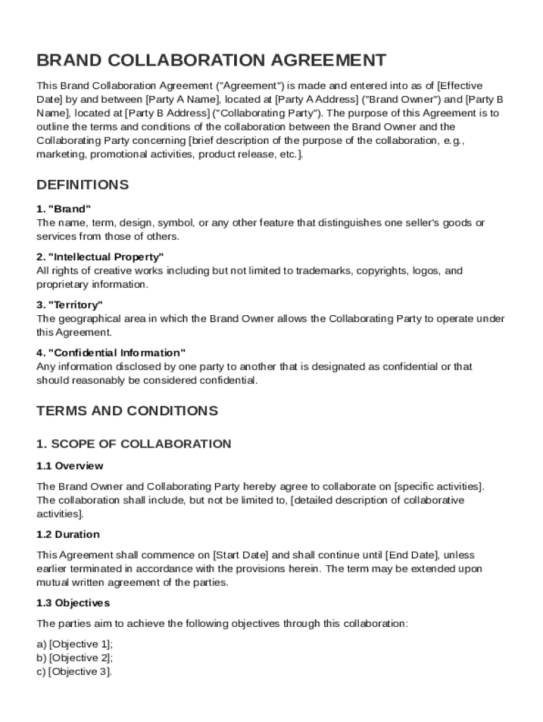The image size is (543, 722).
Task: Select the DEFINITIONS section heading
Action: tap(83, 185)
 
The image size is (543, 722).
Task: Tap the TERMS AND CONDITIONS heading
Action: tap(128, 410)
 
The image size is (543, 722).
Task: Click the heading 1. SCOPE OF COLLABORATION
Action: tap(134, 444)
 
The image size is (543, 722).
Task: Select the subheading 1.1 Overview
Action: tap(70, 466)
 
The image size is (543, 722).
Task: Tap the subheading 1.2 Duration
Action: tap(68, 534)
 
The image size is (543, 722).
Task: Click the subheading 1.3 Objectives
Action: tap(73, 604)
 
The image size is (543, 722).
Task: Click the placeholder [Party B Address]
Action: tap(168, 113)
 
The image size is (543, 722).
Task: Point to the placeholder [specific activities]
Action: tap(439, 487)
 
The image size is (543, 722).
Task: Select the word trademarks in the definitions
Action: tap(322, 271)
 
